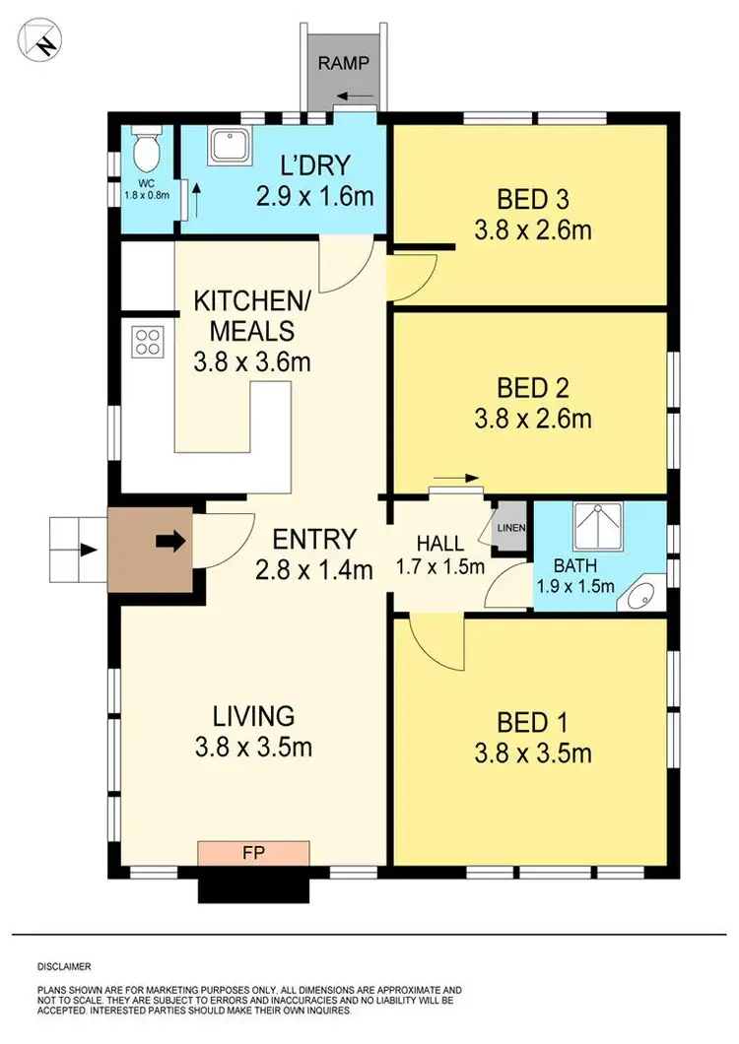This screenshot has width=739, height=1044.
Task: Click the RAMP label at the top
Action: tap(344, 64)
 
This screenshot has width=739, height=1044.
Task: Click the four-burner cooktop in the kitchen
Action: tap(148, 342)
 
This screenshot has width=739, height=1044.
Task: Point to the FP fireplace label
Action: tap(253, 851)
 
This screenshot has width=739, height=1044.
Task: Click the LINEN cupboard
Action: tap(511, 528)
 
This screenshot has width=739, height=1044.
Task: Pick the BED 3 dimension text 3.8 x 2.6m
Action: tap(532, 231)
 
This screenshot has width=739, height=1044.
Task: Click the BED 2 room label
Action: tap(532, 387)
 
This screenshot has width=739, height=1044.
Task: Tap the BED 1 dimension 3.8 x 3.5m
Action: tap(532, 754)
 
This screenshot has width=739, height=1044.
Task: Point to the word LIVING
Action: tap(253, 716)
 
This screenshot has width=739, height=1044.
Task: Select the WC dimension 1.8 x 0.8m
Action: tap(145, 194)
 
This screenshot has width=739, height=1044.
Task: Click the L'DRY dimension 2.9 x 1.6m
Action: tap(314, 195)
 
